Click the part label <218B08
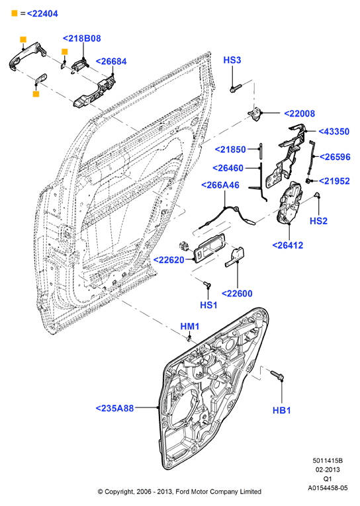pos(81,38)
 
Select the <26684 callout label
pos(111,62)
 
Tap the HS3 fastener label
pos(232,60)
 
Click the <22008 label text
pos(299,113)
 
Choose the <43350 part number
pos(334,132)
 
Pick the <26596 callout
pos(335,157)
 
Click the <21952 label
pos(334,181)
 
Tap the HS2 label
pos(318,221)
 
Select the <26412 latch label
pos(288,245)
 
